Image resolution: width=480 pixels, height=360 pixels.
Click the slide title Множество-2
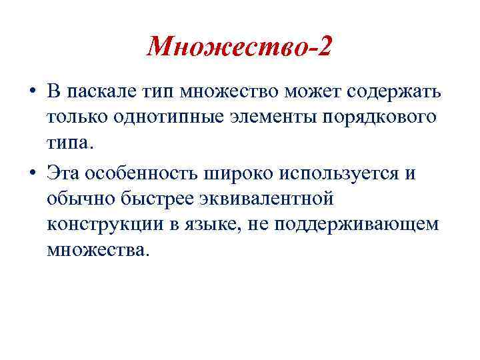click(x=239, y=47)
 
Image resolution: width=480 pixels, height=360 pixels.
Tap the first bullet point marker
click(x=31, y=91)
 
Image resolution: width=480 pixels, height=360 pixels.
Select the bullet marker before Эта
click(x=31, y=175)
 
